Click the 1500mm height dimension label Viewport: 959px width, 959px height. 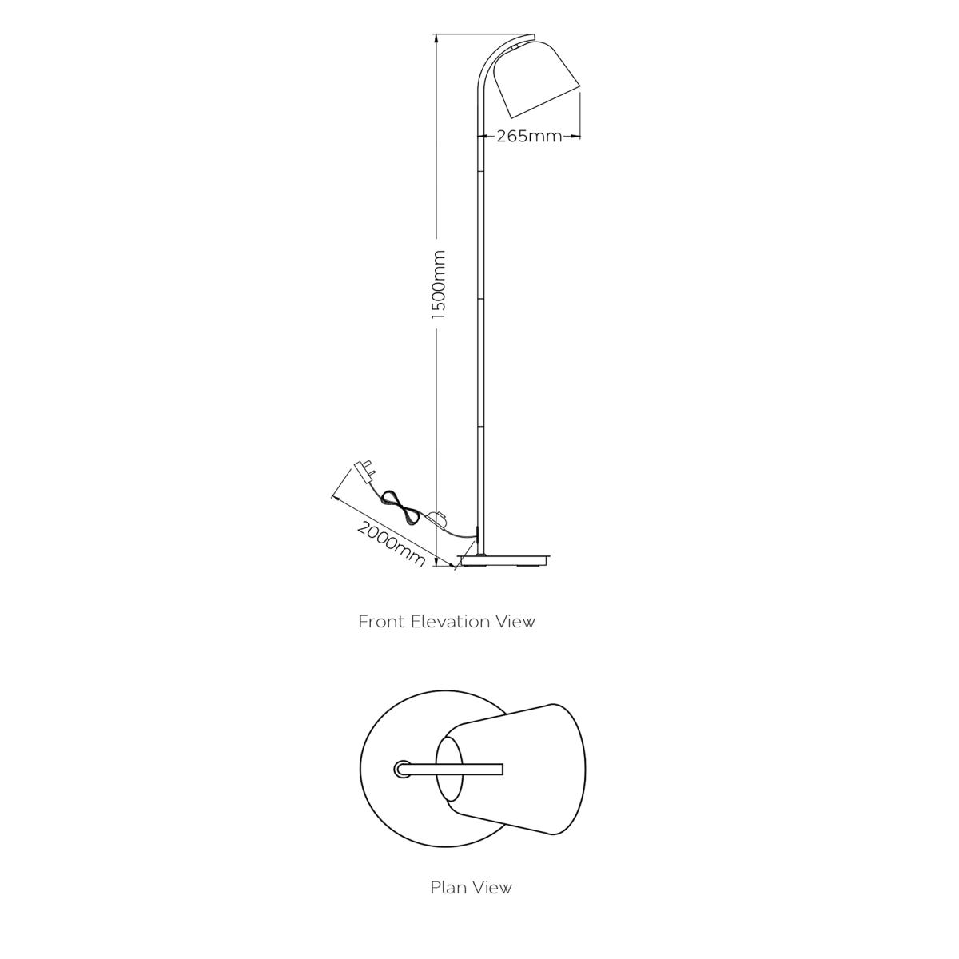(x=439, y=285)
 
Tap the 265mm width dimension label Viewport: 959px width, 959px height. (x=529, y=136)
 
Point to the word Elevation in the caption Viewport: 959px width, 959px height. (x=451, y=622)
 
